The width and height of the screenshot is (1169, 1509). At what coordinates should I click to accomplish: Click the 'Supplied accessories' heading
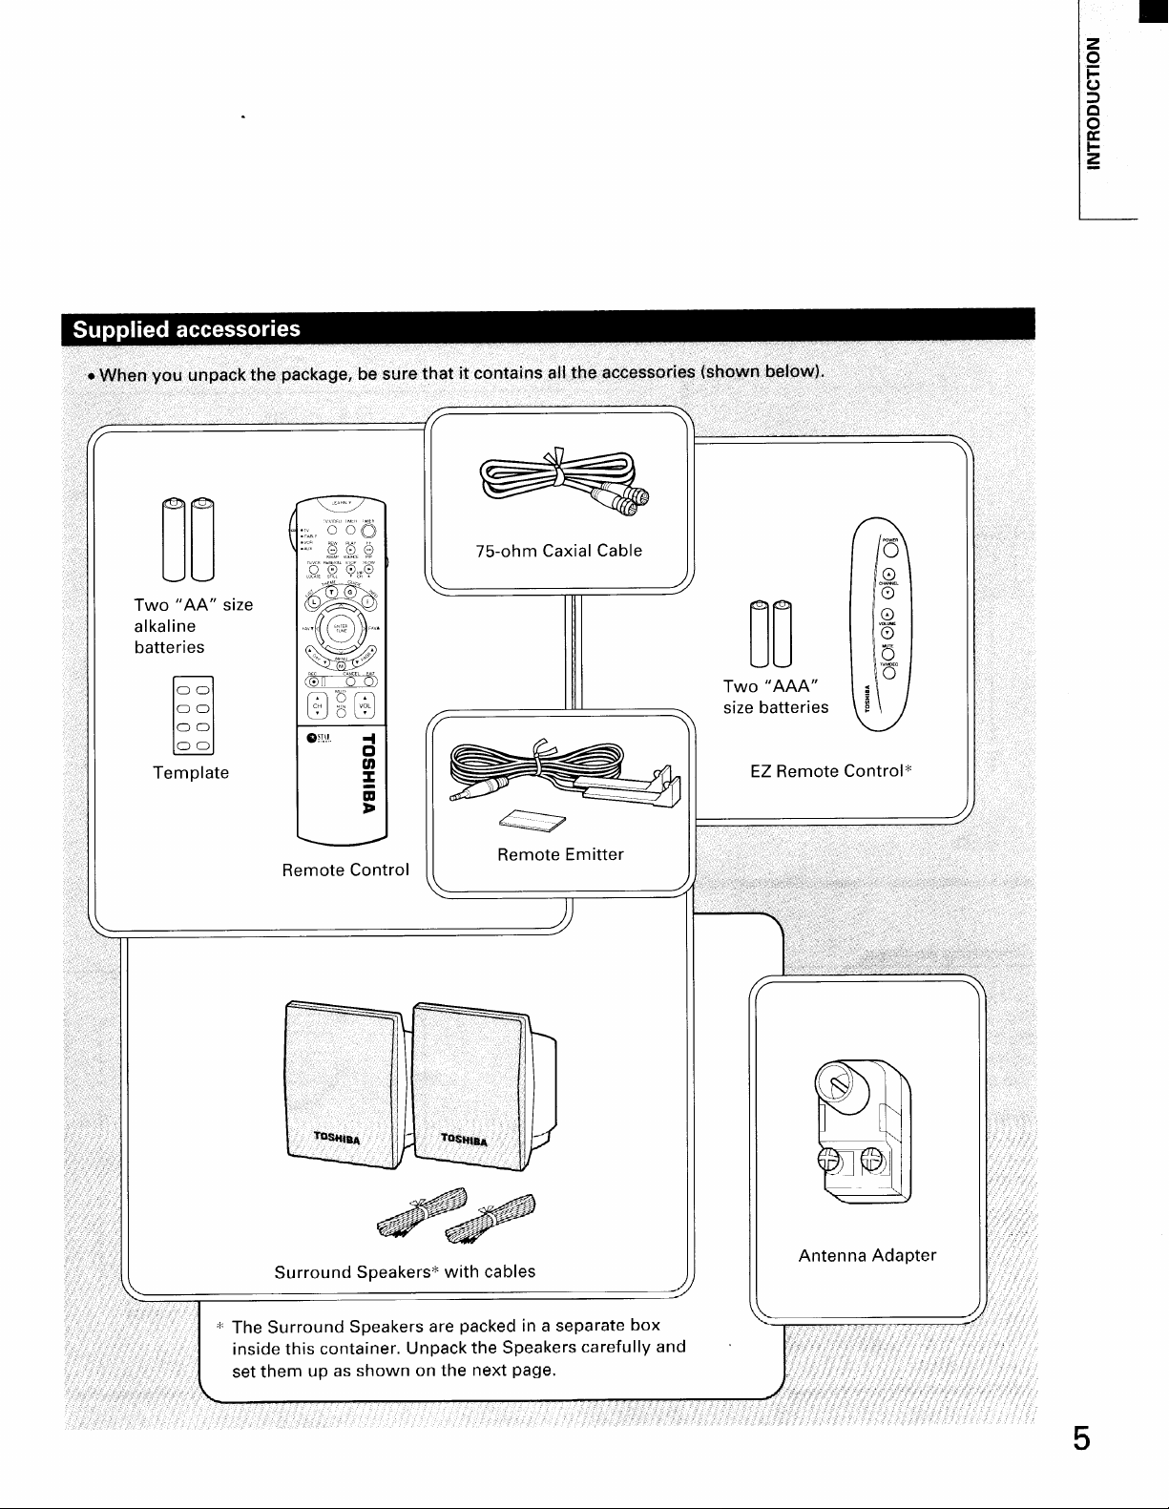pos(187,329)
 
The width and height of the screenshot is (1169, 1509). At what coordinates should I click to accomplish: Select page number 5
pos(1080,1437)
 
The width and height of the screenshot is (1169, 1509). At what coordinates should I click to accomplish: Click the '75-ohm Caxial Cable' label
pos(558,551)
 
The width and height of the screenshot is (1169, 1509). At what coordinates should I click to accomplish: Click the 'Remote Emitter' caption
pos(560,854)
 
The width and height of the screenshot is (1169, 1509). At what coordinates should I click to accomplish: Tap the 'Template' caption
pos(191,772)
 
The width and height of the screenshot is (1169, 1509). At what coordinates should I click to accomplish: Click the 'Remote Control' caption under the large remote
pos(345,870)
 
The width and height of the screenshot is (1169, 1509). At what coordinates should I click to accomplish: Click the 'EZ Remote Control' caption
pos(827,770)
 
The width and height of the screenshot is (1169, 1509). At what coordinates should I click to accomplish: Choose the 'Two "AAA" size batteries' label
pos(776,697)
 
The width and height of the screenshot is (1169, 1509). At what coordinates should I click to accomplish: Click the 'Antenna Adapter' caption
pos(867,1255)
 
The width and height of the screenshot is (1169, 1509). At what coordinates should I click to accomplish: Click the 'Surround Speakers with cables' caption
pos(405,1271)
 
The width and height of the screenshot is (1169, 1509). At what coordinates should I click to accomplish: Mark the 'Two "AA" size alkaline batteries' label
pos(193,625)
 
